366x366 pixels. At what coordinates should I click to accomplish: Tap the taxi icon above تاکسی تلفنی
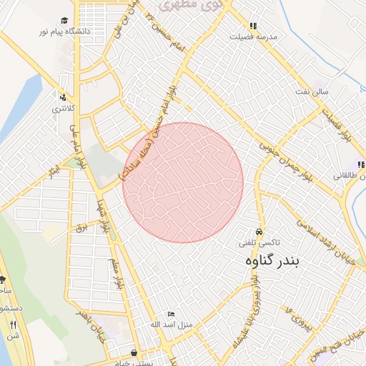coord(258,232)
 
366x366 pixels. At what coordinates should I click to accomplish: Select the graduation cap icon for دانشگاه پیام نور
coord(64,21)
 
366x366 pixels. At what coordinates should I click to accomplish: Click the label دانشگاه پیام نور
coord(67,32)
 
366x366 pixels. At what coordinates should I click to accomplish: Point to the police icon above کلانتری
coord(63,98)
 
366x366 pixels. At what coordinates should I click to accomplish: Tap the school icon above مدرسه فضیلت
coord(253,26)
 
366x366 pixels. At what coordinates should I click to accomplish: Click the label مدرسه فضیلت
coord(253,36)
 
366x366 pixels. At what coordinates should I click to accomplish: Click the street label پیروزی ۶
coord(299,317)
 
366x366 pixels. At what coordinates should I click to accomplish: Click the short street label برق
coord(80,227)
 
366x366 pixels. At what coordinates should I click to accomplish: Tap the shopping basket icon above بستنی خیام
coord(134,352)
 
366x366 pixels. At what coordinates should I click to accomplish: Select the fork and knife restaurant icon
coord(13,325)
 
